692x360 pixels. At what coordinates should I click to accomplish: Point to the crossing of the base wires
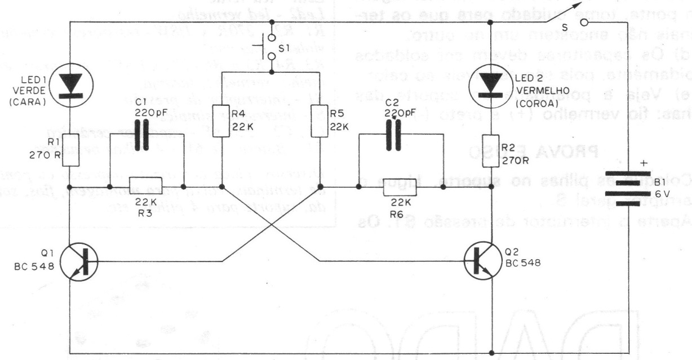[x=272, y=225]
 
